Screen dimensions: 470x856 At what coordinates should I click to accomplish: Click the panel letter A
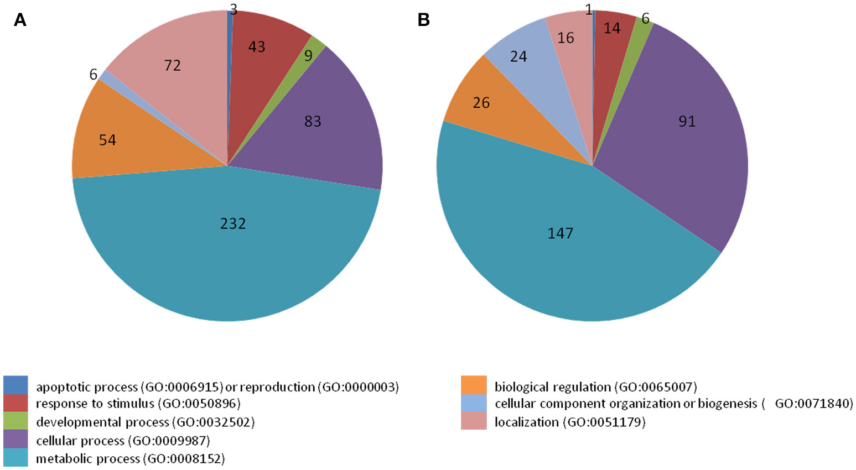pyautogui.click(x=20, y=20)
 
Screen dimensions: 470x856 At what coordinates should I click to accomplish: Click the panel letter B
pyautogui.click(x=423, y=20)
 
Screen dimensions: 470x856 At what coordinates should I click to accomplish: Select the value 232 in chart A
pyautogui.click(x=233, y=223)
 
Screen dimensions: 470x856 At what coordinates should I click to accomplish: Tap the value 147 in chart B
pyautogui.click(x=560, y=233)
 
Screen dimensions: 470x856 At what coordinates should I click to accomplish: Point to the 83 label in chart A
pyautogui.click(x=313, y=121)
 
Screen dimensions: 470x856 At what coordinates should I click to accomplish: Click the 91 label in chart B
pyautogui.click(x=687, y=121)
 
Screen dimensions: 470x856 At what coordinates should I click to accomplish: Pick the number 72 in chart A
pyautogui.click(x=173, y=66)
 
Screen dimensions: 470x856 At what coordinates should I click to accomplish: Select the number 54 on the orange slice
pyautogui.click(x=107, y=140)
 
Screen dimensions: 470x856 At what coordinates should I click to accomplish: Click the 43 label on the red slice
pyautogui.click(x=257, y=47)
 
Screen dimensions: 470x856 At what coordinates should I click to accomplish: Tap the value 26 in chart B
pyautogui.click(x=481, y=103)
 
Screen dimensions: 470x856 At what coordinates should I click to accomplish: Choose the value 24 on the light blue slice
pyautogui.click(x=518, y=56)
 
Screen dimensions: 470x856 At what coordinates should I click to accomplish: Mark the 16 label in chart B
pyautogui.click(x=566, y=38)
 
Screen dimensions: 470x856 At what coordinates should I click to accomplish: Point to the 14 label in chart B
pyautogui.click(x=612, y=28)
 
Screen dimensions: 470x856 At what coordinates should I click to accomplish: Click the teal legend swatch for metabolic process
pyautogui.click(x=15, y=458)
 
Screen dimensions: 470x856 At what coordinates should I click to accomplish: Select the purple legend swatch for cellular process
pyautogui.click(x=15, y=440)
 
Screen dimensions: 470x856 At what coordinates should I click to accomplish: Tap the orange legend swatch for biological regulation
pyautogui.click(x=474, y=385)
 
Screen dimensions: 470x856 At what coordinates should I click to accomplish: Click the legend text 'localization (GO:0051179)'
pyautogui.click(x=570, y=422)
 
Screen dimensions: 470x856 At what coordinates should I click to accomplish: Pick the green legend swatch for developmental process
pyautogui.click(x=15, y=421)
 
